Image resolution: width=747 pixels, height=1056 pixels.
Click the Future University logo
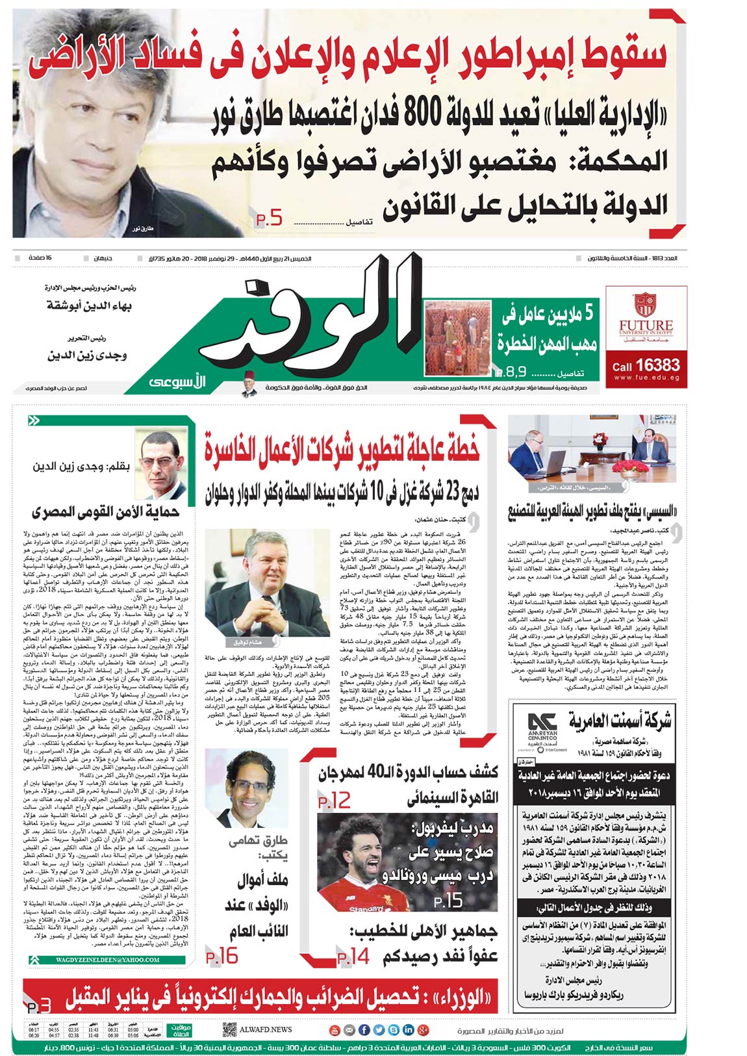pos(654,317)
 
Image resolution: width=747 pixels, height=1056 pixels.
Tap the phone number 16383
pos(657,366)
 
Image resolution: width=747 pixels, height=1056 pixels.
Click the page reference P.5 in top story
pos(269,219)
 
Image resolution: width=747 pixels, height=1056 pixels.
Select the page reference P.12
pos(335,801)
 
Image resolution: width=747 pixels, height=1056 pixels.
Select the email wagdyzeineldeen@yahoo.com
pos(108,959)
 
